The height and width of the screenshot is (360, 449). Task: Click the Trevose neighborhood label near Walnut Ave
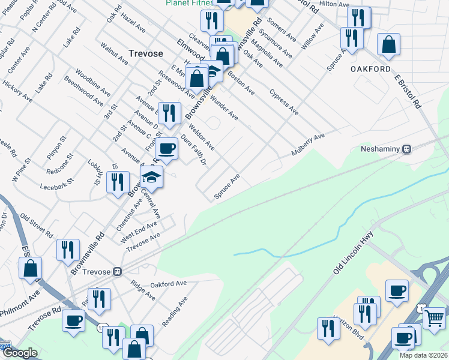[145, 53]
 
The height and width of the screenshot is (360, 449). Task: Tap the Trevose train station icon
[118, 271]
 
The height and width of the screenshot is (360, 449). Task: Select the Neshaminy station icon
[406, 149]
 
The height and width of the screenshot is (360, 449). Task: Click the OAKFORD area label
[371, 69]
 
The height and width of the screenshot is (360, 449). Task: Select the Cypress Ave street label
[284, 102]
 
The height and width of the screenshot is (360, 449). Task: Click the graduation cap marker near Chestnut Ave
[152, 177]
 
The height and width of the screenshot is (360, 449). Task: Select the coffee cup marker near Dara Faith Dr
[166, 148]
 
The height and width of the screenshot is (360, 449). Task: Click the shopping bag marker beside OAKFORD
[389, 44]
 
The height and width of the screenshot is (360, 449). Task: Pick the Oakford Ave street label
[166, 284]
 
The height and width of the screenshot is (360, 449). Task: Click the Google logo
[19, 353]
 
